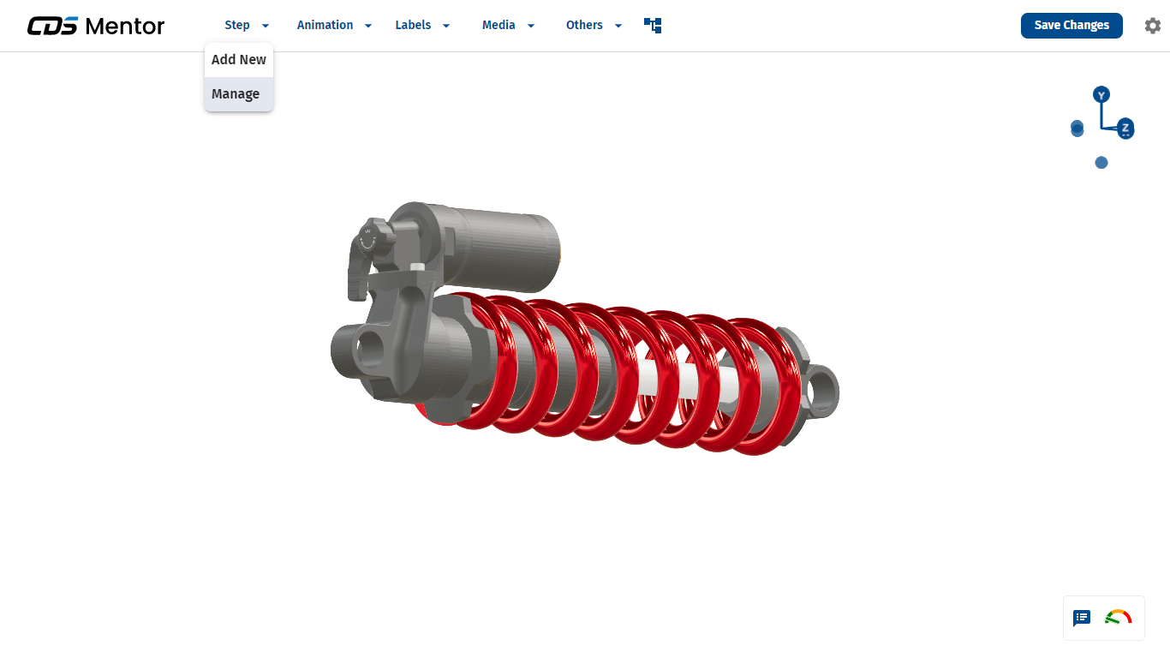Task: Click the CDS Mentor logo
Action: point(96,26)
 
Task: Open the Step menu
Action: point(247,25)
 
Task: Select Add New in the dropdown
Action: point(239,60)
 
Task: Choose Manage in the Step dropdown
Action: point(236,94)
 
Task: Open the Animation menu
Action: point(334,25)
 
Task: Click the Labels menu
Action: point(422,25)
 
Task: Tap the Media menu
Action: point(508,25)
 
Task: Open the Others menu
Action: point(594,25)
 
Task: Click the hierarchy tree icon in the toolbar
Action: point(653,25)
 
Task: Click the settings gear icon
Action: point(1152,26)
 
